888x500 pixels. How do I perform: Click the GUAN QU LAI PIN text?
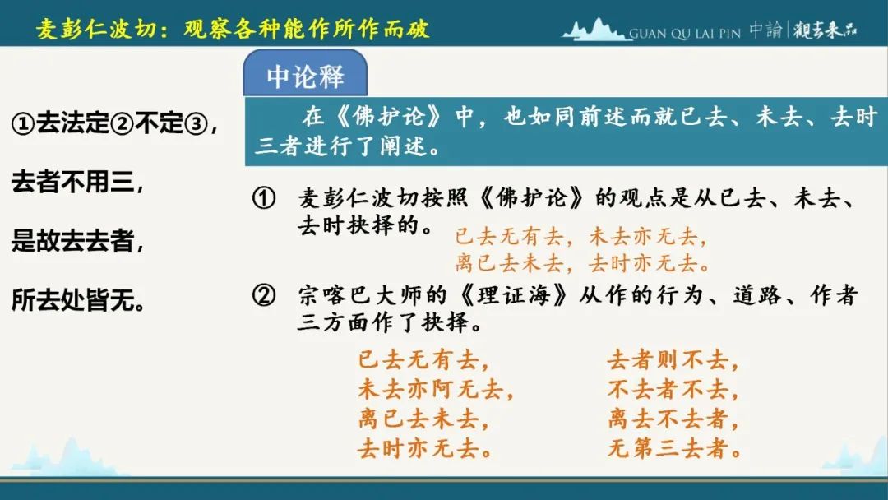click(685, 34)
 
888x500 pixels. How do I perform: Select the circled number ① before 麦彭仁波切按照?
click(264, 198)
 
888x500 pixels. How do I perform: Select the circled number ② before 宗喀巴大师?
click(264, 295)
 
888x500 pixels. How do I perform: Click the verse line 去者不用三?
click(77, 183)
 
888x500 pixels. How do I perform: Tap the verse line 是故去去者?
click(77, 241)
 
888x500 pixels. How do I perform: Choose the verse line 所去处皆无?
click(78, 300)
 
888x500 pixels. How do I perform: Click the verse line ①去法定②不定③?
click(114, 123)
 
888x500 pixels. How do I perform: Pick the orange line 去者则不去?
click(673, 360)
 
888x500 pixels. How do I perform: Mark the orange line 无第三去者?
click(675, 448)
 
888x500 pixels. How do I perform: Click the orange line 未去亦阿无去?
click(436, 390)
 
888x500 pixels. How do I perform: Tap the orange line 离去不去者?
click(673, 419)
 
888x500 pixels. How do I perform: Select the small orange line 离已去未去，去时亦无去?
click(583, 262)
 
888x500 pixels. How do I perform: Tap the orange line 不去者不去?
click(673, 390)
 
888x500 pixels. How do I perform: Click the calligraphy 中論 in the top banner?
click(765, 30)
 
